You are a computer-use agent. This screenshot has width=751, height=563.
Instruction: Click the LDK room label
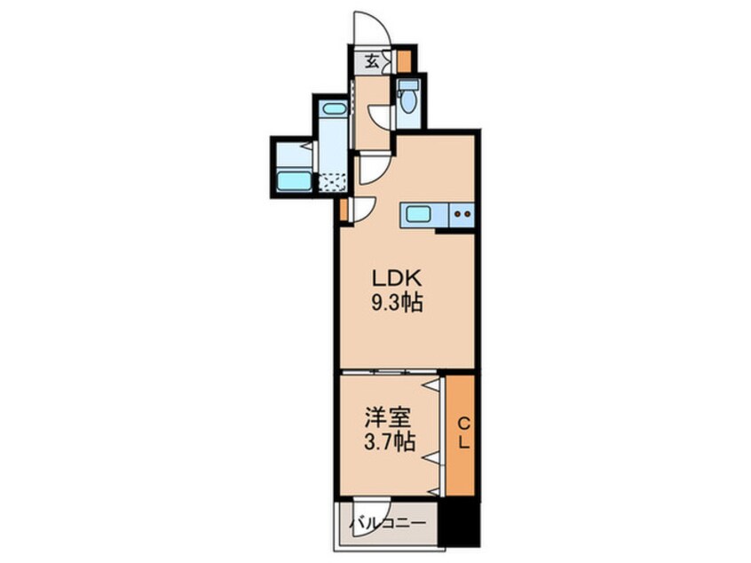(397, 279)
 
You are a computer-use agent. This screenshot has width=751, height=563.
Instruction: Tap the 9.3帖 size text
(397, 303)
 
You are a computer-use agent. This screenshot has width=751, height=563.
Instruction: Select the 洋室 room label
(389, 418)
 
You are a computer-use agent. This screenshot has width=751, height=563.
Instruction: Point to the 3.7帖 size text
(390, 441)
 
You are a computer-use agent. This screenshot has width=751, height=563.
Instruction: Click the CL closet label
(463, 433)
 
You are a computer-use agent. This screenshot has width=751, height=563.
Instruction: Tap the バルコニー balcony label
(387, 522)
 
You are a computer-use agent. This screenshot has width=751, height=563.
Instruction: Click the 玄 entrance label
(372, 61)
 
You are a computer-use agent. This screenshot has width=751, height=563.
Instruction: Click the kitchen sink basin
(418, 213)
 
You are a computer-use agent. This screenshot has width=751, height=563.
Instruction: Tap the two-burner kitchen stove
(462, 214)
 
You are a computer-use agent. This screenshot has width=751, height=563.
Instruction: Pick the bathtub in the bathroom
(294, 181)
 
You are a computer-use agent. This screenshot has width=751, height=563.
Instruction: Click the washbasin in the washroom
(334, 108)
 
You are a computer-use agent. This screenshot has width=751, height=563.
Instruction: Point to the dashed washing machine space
(332, 183)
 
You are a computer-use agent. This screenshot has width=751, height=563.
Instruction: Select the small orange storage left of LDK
(344, 210)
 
